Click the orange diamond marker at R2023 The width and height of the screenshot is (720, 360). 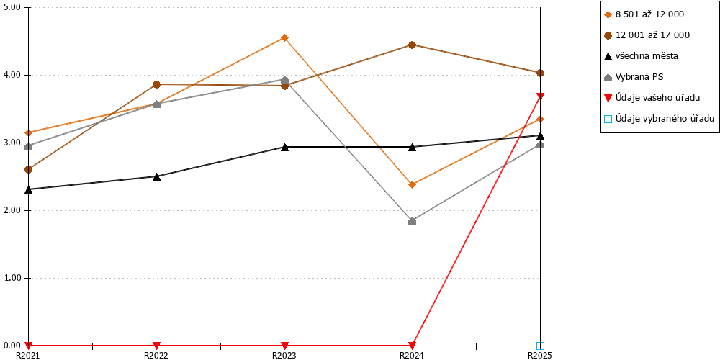click(x=284, y=37)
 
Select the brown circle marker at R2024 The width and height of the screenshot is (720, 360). click(x=413, y=45)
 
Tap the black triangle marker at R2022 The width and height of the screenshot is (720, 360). click(x=156, y=176)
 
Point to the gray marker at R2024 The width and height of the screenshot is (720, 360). click(x=413, y=221)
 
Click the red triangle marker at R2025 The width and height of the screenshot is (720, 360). click(x=541, y=96)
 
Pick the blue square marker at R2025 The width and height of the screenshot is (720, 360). click(x=541, y=346)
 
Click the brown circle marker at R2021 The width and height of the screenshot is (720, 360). click(x=29, y=169)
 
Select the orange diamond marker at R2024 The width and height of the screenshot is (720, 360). click(x=413, y=184)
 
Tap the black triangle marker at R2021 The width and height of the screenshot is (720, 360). click(x=29, y=189)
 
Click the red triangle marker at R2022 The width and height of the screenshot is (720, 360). click(x=156, y=346)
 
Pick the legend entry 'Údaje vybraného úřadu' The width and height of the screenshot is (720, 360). click(x=660, y=119)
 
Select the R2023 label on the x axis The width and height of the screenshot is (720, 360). click(x=284, y=355)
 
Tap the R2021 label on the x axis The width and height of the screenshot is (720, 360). click(x=29, y=355)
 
